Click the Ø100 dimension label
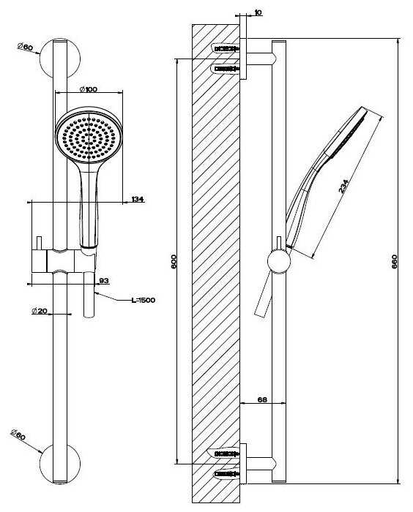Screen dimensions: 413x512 click(x=89, y=89)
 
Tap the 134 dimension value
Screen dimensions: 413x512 click(x=138, y=199)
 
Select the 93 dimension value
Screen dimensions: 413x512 click(x=104, y=280)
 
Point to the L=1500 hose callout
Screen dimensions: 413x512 click(x=144, y=300)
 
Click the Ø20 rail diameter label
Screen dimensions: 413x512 click(x=40, y=311)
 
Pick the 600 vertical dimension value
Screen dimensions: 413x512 click(x=174, y=262)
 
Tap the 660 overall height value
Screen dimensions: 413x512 click(x=394, y=262)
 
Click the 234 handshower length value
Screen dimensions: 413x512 click(x=343, y=187)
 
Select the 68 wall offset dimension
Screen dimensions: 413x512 click(x=262, y=399)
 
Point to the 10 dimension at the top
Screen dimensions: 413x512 click(x=258, y=12)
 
